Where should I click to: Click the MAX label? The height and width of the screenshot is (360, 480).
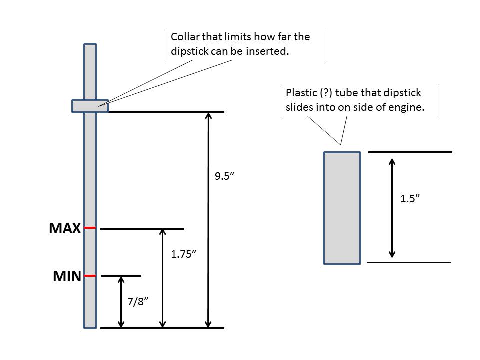65,228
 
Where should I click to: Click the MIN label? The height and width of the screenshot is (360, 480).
67,276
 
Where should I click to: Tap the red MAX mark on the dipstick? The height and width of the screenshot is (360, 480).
90,228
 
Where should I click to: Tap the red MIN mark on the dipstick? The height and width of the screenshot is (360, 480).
90,275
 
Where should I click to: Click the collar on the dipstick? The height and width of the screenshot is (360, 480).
90,106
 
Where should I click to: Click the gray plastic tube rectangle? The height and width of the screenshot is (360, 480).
342,207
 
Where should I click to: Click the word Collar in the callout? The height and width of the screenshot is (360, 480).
185,37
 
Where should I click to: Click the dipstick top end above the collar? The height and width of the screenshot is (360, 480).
90,47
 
